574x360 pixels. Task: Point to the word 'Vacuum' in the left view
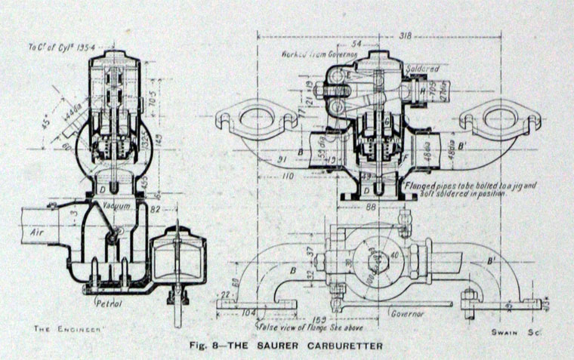point(114,205)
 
